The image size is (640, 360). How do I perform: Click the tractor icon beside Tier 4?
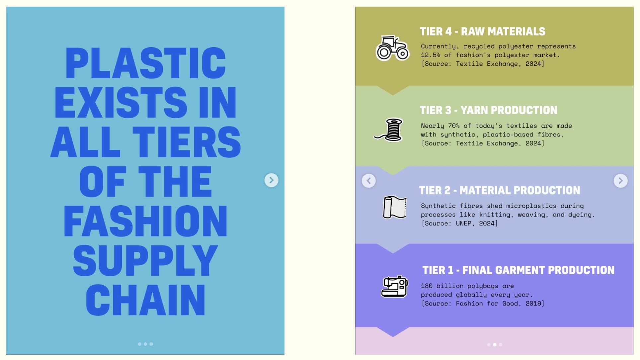tap(392, 48)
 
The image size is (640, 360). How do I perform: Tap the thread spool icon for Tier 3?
tap(389, 130)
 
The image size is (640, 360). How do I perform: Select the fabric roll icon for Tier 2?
tap(395, 207)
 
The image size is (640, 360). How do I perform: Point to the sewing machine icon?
tap(394, 287)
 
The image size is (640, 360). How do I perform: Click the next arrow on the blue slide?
tap(271, 180)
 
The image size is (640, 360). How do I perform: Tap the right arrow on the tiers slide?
tap(620, 181)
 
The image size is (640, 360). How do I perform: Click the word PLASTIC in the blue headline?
tap(145, 63)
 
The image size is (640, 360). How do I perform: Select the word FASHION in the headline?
tap(145, 221)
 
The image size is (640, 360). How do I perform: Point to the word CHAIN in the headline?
tap(145, 300)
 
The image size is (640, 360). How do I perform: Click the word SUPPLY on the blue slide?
tap(145, 260)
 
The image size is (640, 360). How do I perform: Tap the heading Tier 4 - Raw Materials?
tap(482, 32)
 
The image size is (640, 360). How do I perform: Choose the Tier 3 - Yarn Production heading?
tap(488, 110)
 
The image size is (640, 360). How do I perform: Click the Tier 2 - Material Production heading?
tap(500, 190)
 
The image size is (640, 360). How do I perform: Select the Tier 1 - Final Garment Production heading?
tap(518, 270)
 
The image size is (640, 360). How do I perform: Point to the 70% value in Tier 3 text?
tap(454, 126)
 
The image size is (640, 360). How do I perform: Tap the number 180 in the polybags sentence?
tap(427, 286)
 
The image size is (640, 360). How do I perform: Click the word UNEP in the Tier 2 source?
tap(463, 224)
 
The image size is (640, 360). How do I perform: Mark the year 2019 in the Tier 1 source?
tap(533, 304)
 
